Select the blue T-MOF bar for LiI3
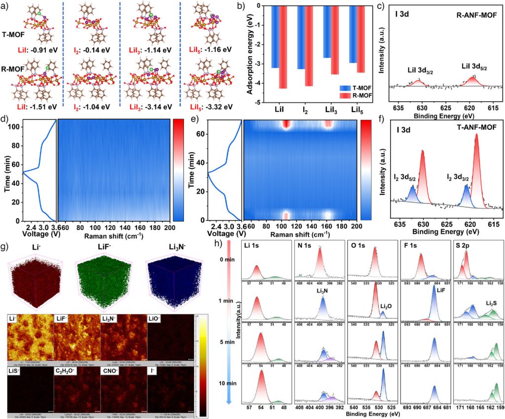coord(326,33)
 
